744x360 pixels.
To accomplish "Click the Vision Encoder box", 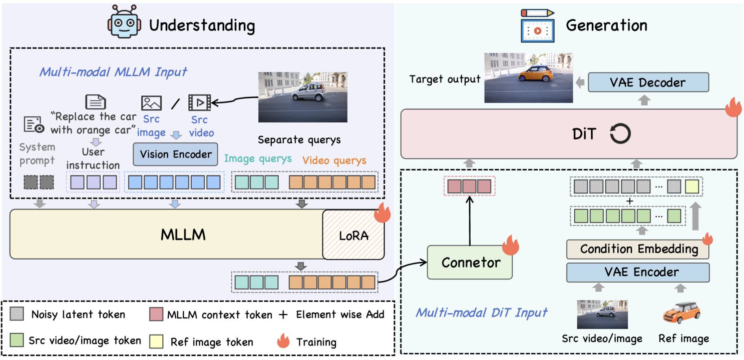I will (x=175, y=154).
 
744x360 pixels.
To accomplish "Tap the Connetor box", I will (x=470, y=262).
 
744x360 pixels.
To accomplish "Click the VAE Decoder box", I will (x=648, y=82).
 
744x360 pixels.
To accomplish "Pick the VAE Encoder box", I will (x=638, y=272).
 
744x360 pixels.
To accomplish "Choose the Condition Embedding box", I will (x=638, y=249).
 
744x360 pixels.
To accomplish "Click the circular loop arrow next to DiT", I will (x=620, y=134).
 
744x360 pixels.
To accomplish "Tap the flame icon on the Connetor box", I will (x=510, y=245).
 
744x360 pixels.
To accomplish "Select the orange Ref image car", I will (x=681, y=312).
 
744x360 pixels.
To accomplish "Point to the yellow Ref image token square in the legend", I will (x=156, y=341).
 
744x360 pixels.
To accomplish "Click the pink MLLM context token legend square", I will (x=156, y=314).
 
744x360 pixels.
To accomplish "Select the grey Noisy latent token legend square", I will (x=17, y=314).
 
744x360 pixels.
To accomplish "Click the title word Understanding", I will (x=202, y=26).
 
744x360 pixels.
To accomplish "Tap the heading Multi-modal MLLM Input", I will (x=113, y=72).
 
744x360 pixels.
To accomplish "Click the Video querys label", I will (x=334, y=160).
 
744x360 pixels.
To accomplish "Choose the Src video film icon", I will (x=199, y=103).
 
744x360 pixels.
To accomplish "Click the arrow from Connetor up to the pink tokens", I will (x=470, y=221).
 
